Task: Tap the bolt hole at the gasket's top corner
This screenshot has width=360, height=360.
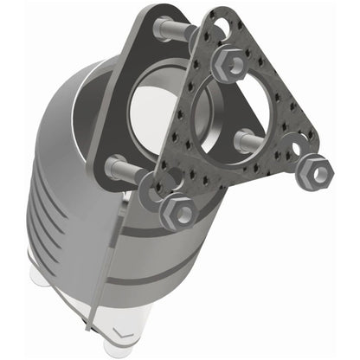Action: point(218,32)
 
